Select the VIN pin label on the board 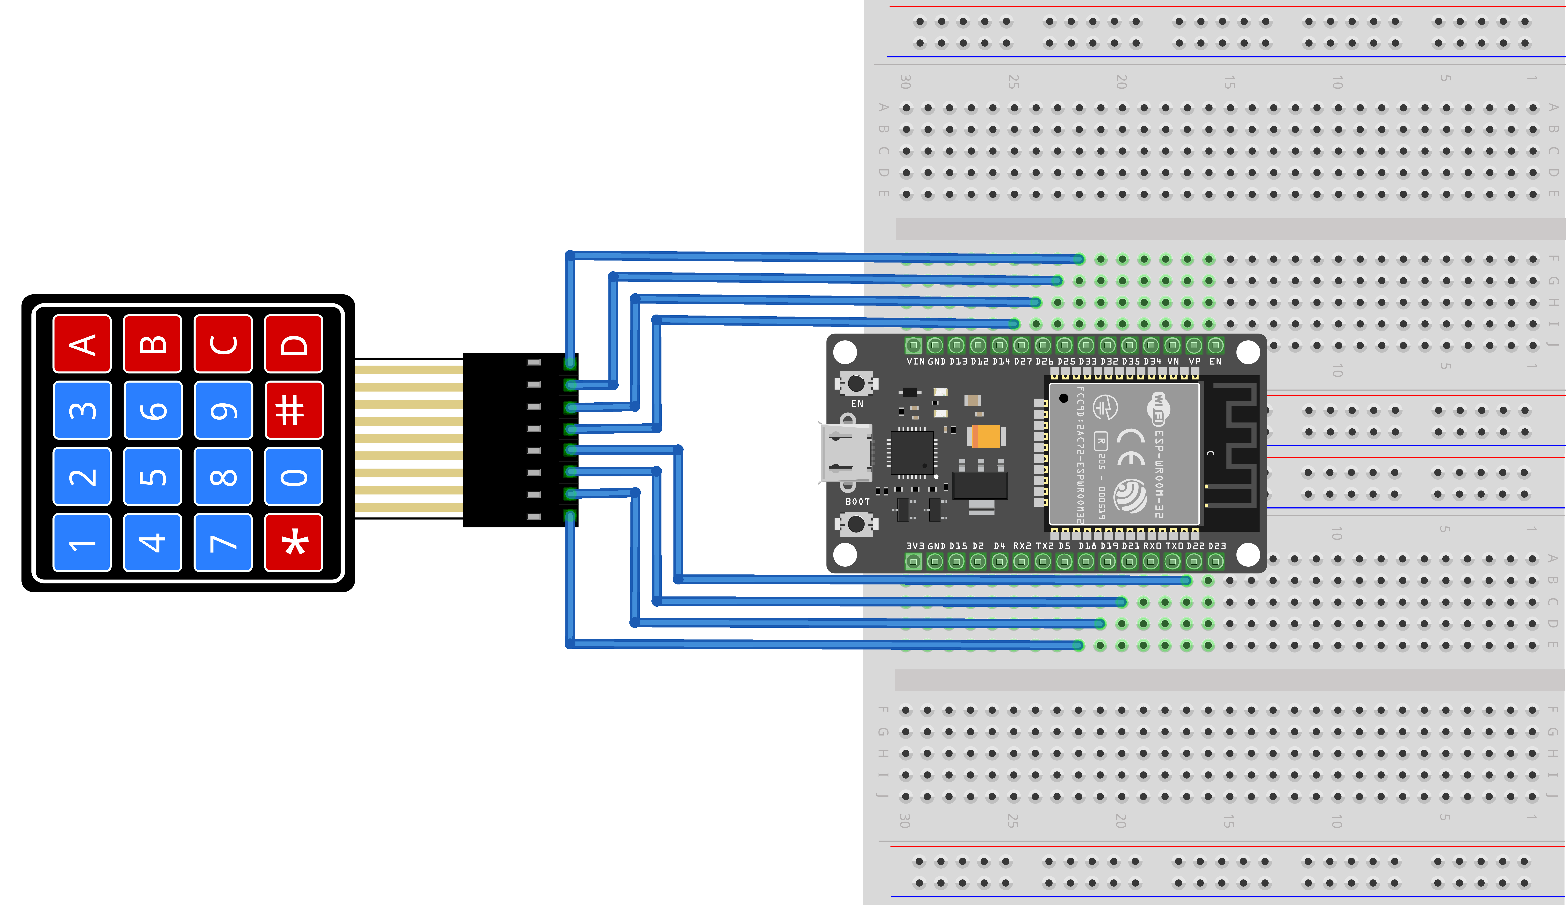(915, 361)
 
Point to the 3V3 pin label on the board (915, 546)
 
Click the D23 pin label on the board (1217, 546)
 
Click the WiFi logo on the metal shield (1158, 407)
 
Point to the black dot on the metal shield (1063, 398)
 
